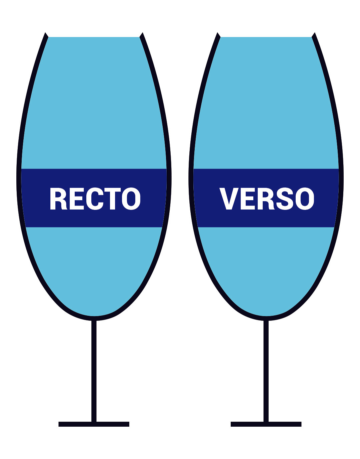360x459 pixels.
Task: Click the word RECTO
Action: click(x=95, y=199)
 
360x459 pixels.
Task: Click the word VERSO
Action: click(x=267, y=199)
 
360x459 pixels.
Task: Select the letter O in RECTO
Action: click(x=131, y=199)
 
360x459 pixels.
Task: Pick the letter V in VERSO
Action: click(x=229, y=199)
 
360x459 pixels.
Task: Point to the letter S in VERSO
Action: click(x=285, y=199)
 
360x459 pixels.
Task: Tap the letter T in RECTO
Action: click(x=112, y=199)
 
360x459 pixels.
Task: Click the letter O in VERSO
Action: click(x=305, y=199)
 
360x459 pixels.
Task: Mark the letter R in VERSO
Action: click(x=266, y=199)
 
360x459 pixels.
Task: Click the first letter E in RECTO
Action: click(x=77, y=199)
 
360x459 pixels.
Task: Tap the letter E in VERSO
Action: click(x=248, y=199)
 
